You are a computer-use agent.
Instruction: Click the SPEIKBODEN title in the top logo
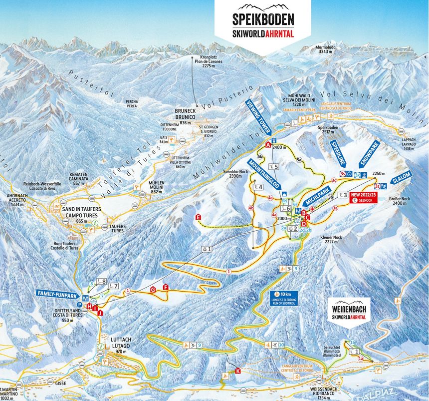pos(263,20)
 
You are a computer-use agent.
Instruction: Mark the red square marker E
pos(199,217)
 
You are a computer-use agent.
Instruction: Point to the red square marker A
pos(268,145)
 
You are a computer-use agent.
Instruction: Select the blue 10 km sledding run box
pos(284,297)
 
